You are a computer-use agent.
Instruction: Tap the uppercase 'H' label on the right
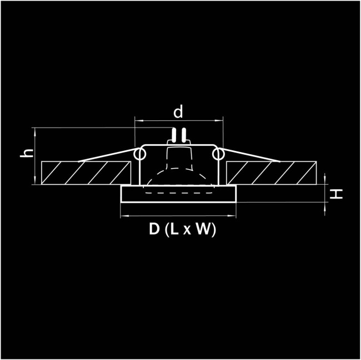pos(337,194)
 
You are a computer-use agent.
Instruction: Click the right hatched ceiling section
pos(272,173)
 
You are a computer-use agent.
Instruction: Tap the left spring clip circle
pos(137,153)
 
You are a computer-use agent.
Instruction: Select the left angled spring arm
pos(108,155)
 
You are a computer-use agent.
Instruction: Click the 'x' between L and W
pos(187,232)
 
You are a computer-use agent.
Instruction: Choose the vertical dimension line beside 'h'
pos(36,156)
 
